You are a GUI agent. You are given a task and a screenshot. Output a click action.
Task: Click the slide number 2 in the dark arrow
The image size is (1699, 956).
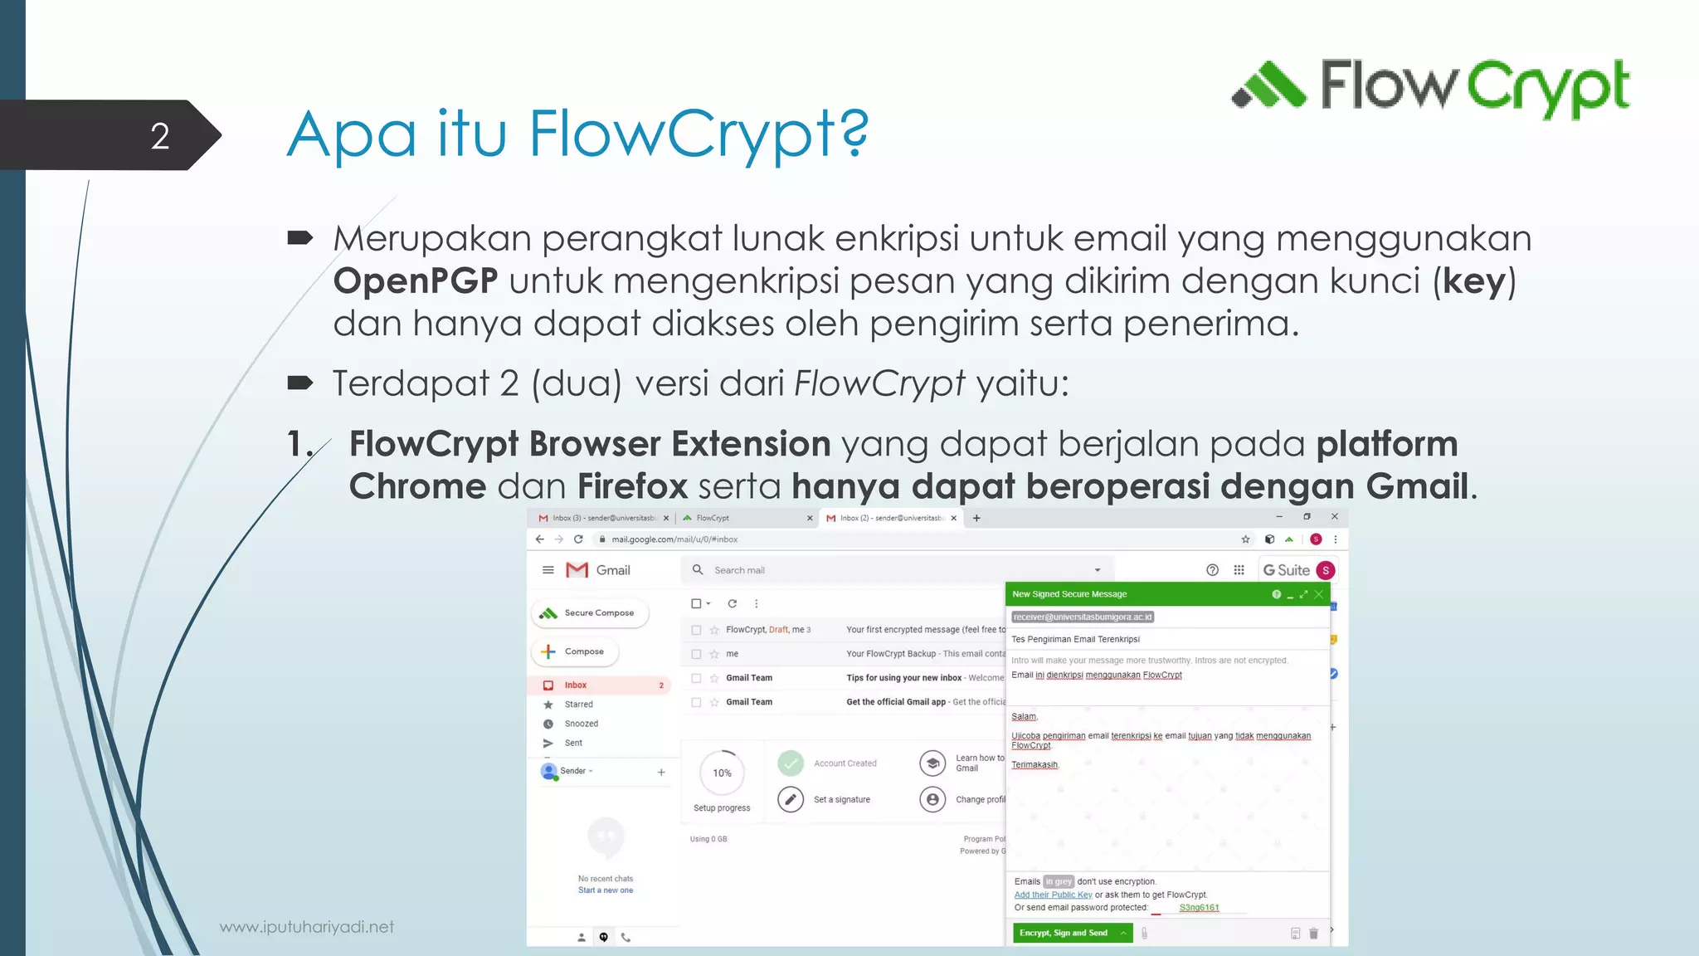pos(160,136)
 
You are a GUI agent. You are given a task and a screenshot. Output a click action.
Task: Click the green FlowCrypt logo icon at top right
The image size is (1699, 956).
pos(1268,85)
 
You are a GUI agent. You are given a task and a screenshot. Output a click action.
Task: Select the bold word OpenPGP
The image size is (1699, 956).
pos(416,280)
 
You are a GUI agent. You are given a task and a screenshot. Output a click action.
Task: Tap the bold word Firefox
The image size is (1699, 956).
pos(632,486)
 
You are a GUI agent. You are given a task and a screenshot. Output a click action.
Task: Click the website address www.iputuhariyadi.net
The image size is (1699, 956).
pos(307,927)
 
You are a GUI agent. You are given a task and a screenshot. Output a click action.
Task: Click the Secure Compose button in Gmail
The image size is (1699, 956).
pos(591,613)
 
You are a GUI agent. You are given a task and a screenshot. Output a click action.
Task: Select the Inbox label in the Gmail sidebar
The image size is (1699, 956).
pos(576,685)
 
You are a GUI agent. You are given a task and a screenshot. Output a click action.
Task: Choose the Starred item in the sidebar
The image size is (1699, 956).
pos(578,705)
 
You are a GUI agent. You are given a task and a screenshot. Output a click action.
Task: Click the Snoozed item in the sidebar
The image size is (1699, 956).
pos(581,724)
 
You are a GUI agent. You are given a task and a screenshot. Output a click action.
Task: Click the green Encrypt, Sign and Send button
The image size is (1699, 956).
pos(1064,933)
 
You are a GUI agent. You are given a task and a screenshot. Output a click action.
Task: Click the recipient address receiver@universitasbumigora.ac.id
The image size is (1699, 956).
pos(1083,617)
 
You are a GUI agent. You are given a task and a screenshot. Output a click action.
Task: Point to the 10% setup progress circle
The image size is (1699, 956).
pos(722,773)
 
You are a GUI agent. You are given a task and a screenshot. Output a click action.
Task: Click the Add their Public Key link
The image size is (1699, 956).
pos(1053,895)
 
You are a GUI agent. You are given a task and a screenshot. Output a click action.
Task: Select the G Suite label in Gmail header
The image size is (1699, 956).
pos(1287,570)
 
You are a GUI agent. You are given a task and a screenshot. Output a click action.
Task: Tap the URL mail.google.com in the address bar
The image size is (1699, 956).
pos(674,539)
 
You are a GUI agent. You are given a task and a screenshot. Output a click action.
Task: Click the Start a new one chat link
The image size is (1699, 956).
pos(606,890)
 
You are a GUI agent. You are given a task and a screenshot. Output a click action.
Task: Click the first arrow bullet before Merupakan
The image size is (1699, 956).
pos(299,239)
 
